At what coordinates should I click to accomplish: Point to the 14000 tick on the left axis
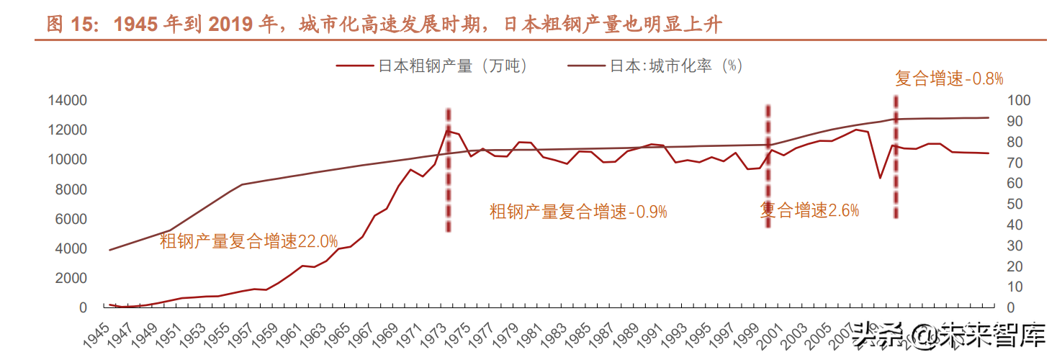(67, 100)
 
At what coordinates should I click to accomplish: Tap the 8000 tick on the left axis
(71, 189)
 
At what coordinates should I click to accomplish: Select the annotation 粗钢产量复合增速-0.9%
(578, 212)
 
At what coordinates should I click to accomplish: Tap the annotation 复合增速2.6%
(809, 210)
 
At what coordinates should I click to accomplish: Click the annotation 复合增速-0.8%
(949, 79)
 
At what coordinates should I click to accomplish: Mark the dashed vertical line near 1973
(448, 173)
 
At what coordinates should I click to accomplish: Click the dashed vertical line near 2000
(768, 166)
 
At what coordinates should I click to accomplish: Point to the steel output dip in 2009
(879, 177)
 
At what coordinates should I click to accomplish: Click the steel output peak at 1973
(447, 131)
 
